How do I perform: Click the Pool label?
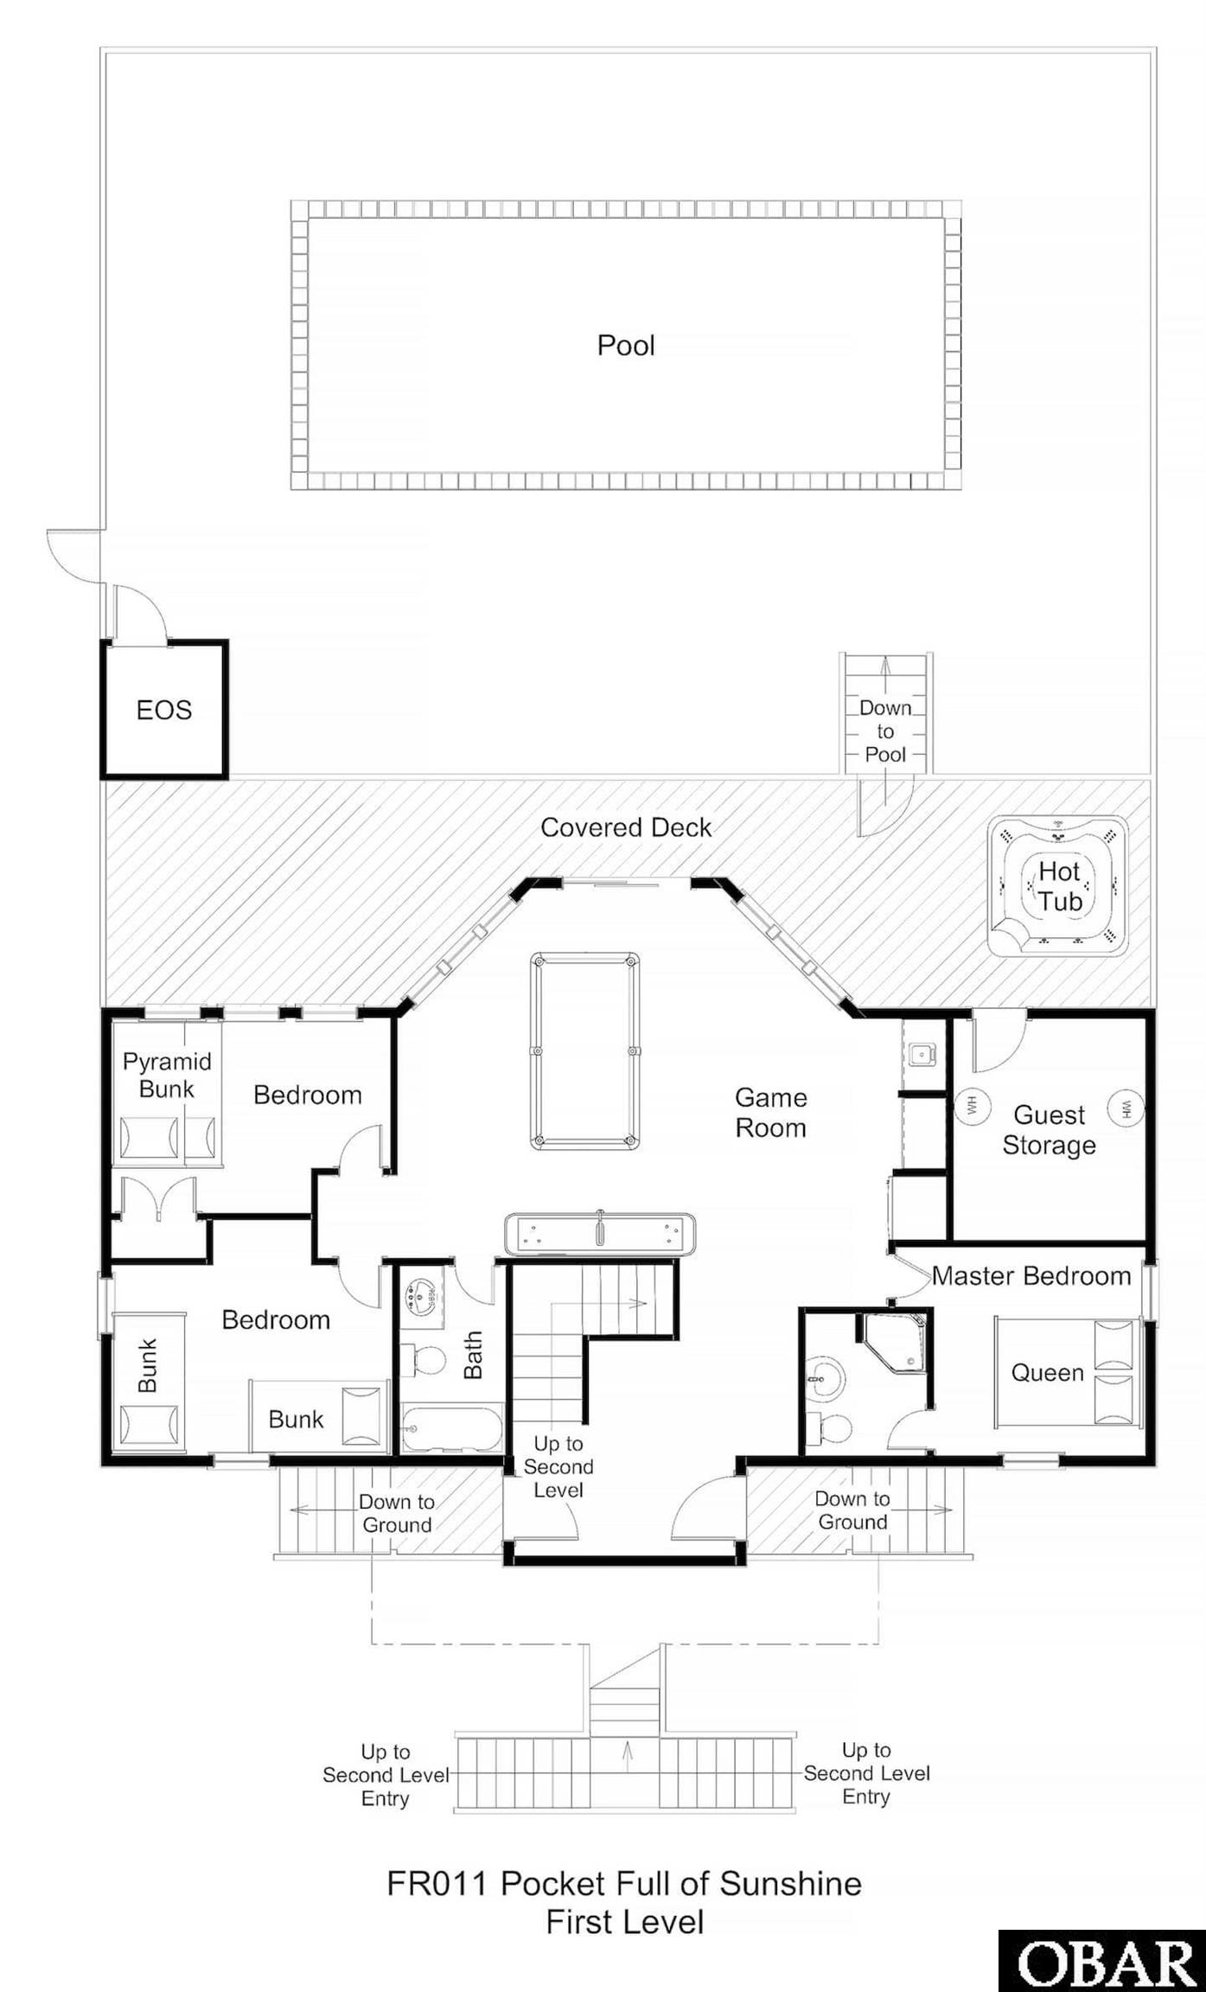[626, 346]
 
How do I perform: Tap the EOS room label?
[164, 710]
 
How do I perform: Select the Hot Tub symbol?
[1057, 886]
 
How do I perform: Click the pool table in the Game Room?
[585, 1050]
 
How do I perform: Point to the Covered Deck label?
[626, 827]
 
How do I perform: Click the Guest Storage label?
[1049, 1129]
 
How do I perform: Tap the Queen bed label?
[1047, 1372]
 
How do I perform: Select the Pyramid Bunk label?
[167, 1075]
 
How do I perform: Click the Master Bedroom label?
[1031, 1275]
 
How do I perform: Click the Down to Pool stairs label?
[885, 731]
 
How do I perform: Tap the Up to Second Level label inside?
[558, 1466]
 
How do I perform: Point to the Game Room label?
[770, 1113]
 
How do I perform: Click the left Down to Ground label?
[397, 1513]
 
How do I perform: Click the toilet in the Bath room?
[424, 1360]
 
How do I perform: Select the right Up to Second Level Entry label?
[866, 1773]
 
